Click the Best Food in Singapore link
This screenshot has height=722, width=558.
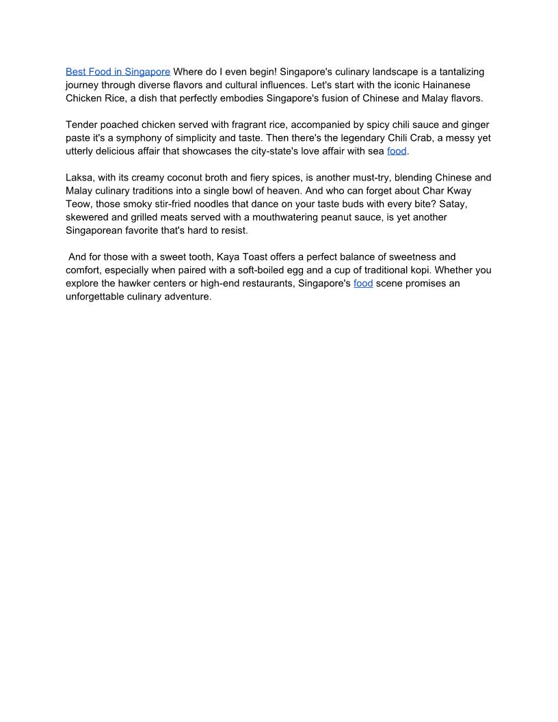[118, 72]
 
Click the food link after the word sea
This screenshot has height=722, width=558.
[397, 151]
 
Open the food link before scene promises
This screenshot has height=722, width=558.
[363, 283]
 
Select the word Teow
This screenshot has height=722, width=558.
[79, 204]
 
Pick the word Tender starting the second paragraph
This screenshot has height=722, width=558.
[82, 124]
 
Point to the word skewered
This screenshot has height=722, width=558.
[88, 217]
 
